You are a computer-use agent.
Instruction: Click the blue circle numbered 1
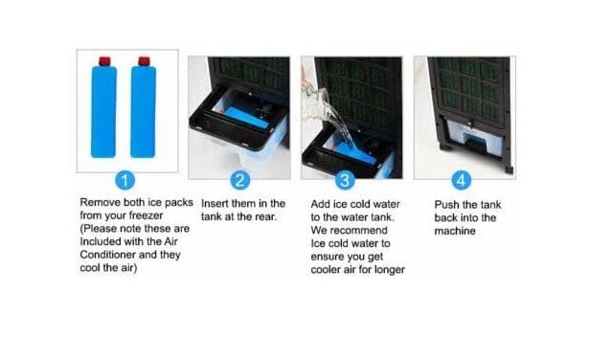click(125, 180)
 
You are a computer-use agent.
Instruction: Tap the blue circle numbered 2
click(239, 180)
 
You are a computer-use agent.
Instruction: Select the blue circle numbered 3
click(345, 180)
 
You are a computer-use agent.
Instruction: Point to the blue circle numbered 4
click(461, 180)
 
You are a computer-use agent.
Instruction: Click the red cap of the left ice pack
click(104, 61)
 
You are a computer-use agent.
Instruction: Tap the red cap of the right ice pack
click(145, 61)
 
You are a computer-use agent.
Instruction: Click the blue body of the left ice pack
click(103, 112)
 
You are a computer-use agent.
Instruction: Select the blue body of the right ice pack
click(143, 112)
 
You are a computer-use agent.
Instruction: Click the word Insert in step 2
click(215, 203)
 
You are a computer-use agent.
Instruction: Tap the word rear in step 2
click(265, 216)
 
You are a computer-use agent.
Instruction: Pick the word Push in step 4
click(447, 205)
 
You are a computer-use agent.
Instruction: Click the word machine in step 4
click(455, 231)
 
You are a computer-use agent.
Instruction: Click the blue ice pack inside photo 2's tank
click(247, 118)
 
